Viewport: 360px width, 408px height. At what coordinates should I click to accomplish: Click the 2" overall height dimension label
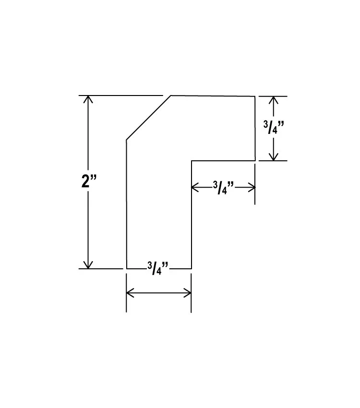tap(89, 182)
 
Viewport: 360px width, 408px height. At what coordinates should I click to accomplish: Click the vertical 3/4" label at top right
tap(274, 129)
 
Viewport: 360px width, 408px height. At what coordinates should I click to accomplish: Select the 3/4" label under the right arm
tap(223, 188)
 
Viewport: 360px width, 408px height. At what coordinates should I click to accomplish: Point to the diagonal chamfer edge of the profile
tap(148, 118)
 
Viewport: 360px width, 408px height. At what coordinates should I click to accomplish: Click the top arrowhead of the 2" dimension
tap(87, 99)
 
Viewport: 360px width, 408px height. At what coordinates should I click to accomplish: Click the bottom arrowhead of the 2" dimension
tap(87, 265)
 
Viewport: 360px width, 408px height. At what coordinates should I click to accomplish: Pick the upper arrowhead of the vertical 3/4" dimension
tap(273, 100)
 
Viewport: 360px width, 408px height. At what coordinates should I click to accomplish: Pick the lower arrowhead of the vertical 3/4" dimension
tap(273, 157)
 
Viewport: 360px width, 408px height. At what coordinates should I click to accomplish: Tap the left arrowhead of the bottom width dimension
tap(130, 292)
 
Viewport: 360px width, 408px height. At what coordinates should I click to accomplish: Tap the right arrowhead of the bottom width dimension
tap(188, 292)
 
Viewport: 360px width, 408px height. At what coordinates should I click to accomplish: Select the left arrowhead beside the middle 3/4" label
tap(195, 187)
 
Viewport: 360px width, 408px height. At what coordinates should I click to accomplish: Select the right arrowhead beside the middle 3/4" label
tap(251, 187)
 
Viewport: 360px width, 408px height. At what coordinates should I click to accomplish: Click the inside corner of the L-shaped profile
tap(192, 161)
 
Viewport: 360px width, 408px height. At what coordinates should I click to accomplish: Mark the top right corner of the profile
tap(254, 96)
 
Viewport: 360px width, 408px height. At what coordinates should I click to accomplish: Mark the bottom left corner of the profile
tap(126, 268)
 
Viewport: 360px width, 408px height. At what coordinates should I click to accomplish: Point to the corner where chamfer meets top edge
tap(171, 96)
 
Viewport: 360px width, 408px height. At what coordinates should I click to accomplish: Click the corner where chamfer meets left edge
tap(126, 140)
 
